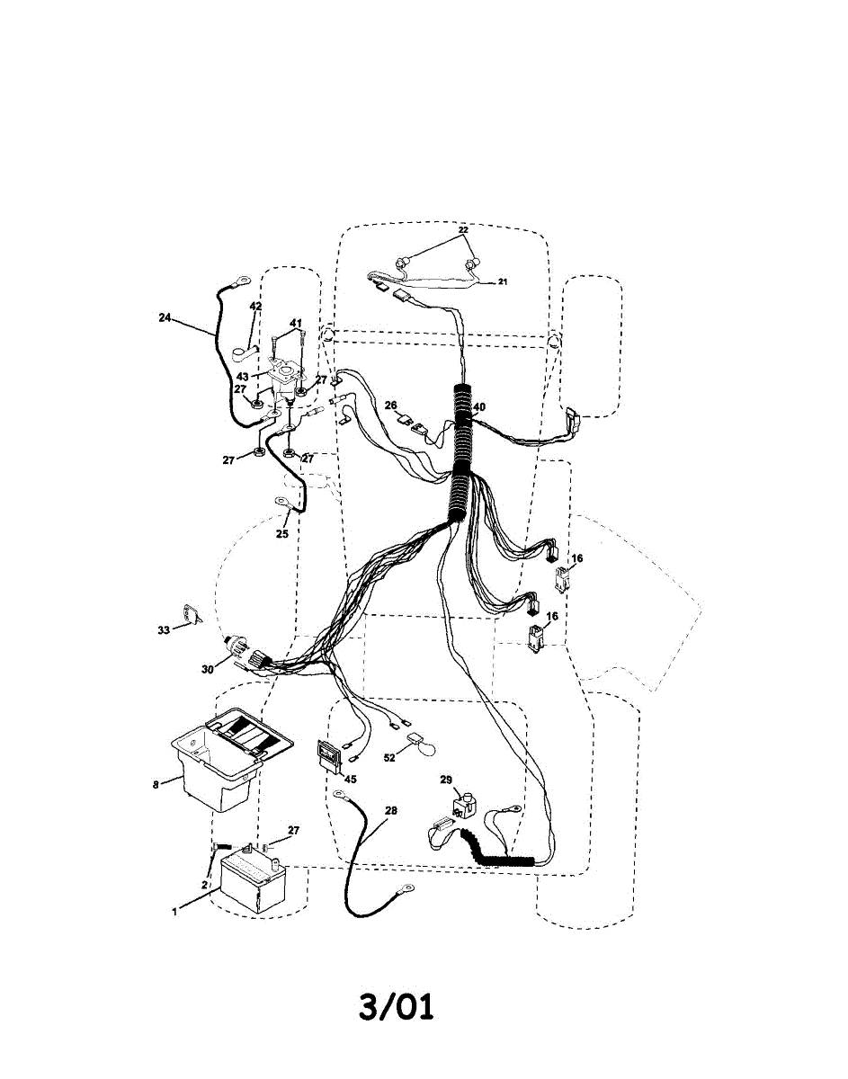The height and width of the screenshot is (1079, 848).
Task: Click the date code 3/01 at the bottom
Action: coord(396,1006)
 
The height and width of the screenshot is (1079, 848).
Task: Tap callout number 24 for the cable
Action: coord(164,317)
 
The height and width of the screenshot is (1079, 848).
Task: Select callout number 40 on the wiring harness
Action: coord(479,406)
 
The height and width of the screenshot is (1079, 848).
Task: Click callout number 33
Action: coord(163,630)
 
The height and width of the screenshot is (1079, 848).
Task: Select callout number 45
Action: coord(350,780)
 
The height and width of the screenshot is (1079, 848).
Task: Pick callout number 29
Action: coord(446,780)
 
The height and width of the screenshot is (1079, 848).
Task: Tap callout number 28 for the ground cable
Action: coord(390,811)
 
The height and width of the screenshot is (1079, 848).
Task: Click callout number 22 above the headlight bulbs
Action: coord(463,230)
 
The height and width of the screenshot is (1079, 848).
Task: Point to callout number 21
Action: coord(503,281)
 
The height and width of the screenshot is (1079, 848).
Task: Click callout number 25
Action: coord(282,533)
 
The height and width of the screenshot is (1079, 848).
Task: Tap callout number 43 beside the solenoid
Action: coord(242,376)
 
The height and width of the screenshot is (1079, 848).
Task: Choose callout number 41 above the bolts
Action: coord(296,323)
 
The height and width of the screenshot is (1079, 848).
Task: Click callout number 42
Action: coord(255,307)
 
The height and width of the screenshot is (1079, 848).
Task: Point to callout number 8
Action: coord(155,784)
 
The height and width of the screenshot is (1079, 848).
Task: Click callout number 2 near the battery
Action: coord(205,885)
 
